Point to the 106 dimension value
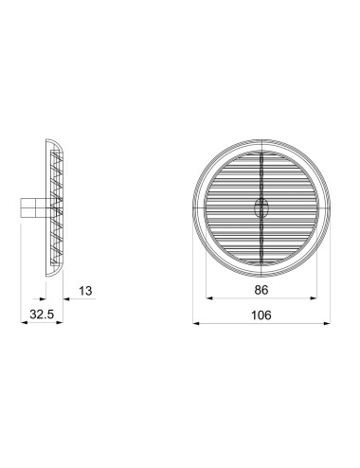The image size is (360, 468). click(262, 314)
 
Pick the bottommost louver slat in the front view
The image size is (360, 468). click(262, 257)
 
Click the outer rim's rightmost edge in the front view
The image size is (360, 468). click(332, 204)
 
